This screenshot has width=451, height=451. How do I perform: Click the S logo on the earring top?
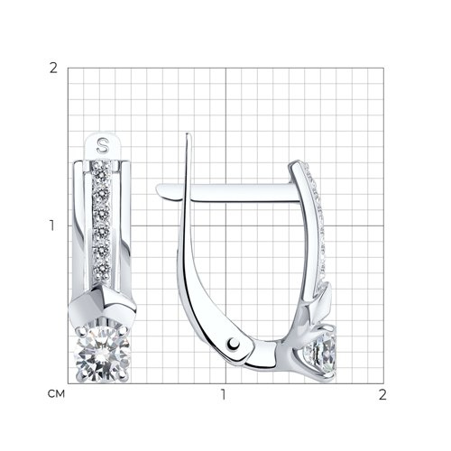103,145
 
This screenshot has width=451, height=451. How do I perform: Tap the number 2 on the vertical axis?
53,69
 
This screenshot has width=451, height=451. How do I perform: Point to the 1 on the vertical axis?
52,225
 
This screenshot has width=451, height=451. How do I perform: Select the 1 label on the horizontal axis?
223,395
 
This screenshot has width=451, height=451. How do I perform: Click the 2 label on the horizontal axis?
382,395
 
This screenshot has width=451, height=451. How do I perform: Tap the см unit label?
56,394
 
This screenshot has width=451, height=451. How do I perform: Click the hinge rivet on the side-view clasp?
234,343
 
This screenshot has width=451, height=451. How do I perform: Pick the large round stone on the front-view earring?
103,354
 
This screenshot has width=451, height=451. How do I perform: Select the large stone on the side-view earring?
321,354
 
